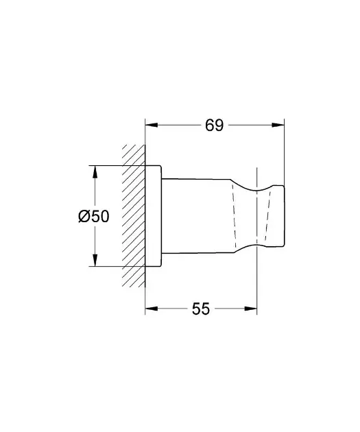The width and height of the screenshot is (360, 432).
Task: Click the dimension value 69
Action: [215, 125]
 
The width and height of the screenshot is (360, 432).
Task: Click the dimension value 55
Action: [201, 309]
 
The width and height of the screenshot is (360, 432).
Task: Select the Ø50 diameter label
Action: [94, 216]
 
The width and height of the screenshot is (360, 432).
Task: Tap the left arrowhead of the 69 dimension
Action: [152, 125]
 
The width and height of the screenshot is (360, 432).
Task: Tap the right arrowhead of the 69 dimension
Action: [278, 125]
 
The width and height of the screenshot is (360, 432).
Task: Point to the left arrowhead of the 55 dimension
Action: [152, 309]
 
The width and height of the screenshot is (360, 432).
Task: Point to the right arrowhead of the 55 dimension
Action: [251, 309]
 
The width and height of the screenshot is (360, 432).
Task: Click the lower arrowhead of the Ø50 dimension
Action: [95, 261]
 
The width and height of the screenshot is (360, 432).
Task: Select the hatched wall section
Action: [134, 216]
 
